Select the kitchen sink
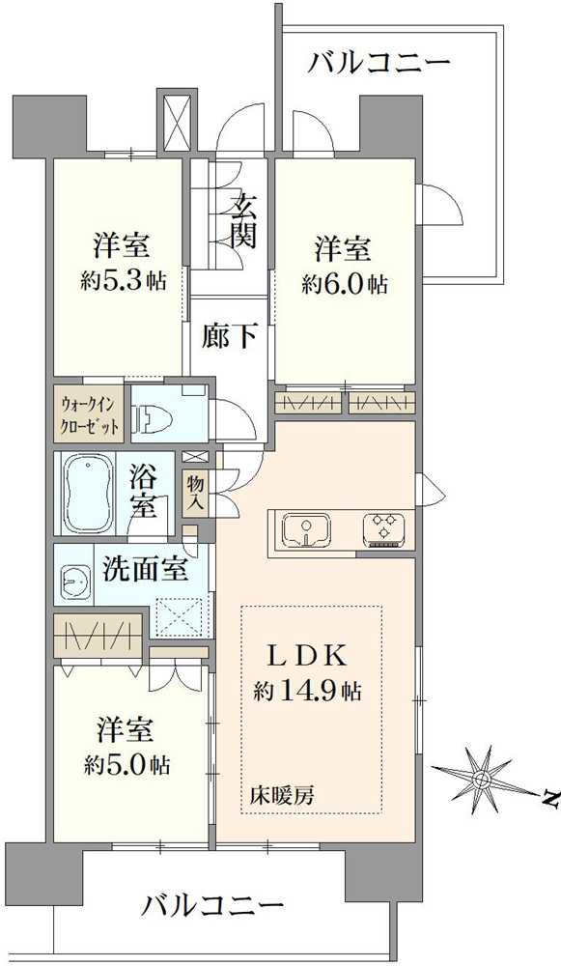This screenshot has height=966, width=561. pyautogui.click(x=307, y=529)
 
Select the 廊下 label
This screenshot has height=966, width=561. pyautogui.click(x=229, y=336)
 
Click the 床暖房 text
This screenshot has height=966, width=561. pyautogui.click(x=281, y=796)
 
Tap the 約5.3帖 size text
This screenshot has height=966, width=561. pyautogui.click(x=123, y=281)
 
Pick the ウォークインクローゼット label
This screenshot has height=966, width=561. pyautogui.click(x=90, y=414)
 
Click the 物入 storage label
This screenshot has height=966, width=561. pyautogui.click(x=196, y=491)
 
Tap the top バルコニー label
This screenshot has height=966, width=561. pyautogui.click(x=379, y=64)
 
